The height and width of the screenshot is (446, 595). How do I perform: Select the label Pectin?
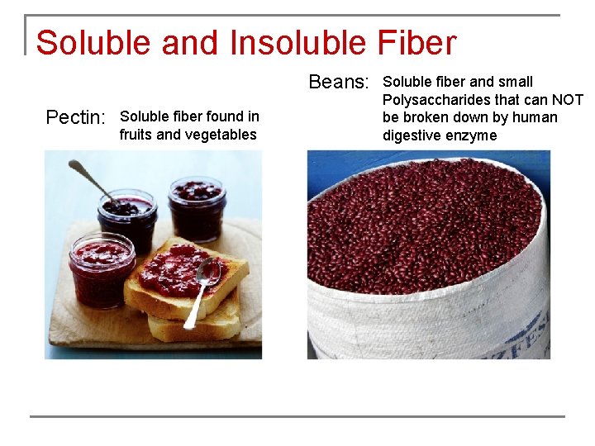[x=74, y=117]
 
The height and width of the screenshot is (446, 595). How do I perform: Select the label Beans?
[x=338, y=82]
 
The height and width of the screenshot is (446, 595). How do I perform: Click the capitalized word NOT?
[x=566, y=100]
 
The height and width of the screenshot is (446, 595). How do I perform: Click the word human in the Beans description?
[x=535, y=117]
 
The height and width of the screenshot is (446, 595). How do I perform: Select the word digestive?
[x=412, y=135]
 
